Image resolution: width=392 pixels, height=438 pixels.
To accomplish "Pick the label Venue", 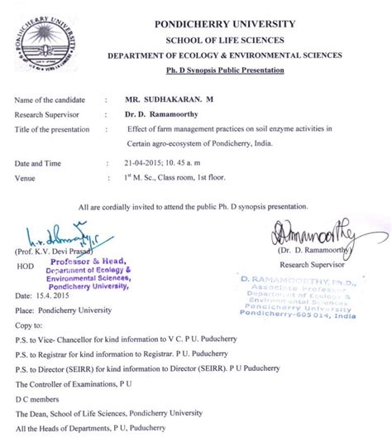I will [27, 177].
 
